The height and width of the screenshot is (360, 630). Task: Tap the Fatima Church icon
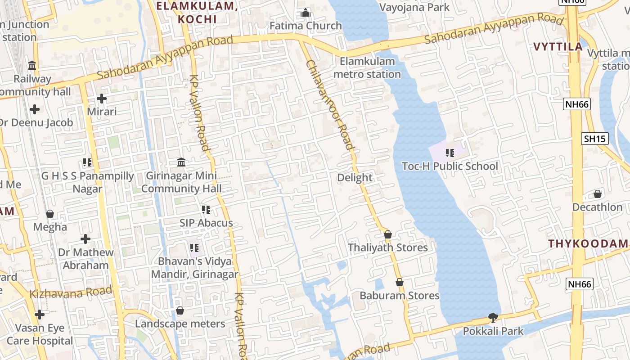pos(306,13)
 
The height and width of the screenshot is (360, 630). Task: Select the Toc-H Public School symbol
pos(450,153)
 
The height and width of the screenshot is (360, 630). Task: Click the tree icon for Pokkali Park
pos(493,318)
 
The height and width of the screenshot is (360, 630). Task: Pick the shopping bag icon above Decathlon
pos(598,194)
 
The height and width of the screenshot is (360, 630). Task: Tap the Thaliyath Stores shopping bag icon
pos(388,234)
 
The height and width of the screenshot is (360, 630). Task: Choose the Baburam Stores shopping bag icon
pos(399,282)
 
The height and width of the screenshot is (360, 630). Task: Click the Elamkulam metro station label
pos(367,67)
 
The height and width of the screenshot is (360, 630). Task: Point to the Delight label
pos(355,178)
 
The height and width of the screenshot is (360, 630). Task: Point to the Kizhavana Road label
pos(71,293)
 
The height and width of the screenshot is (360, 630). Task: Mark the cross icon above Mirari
pos(102,98)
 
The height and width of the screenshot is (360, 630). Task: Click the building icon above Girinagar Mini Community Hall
pos(181,162)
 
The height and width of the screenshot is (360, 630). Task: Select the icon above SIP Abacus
pos(206,209)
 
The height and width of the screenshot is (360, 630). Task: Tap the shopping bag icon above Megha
pos(50,213)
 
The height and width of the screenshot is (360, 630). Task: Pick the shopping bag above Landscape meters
pos(180,310)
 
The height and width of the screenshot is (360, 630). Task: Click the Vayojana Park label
pos(414,7)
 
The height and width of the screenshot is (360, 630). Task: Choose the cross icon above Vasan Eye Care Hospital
pos(40,314)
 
